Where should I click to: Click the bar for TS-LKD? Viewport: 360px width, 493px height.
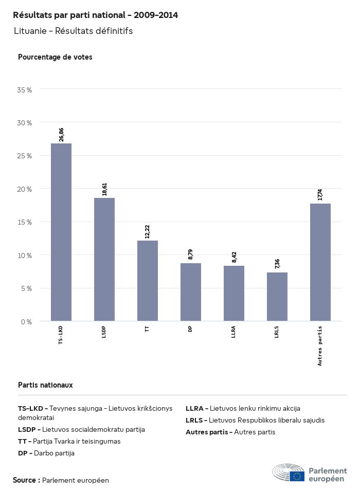(x=61, y=232)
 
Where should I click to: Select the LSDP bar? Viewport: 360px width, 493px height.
(x=104, y=260)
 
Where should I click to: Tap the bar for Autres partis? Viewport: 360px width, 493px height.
(x=320, y=262)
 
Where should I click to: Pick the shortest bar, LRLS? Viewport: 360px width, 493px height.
(x=277, y=297)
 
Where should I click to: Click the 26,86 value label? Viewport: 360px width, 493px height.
(x=62, y=135)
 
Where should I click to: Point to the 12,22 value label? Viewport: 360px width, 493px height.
(x=148, y=232)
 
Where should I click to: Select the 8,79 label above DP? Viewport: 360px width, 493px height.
(x=191, y=254)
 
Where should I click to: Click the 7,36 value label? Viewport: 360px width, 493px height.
(x=277, y=264)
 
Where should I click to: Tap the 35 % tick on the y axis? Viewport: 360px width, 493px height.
(x=25, y=90)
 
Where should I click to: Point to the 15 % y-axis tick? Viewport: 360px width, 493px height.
(x=25, y=222)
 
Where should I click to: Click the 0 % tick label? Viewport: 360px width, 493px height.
(x=26, y=322)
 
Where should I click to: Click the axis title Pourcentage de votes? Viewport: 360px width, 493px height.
(x=55, y=57)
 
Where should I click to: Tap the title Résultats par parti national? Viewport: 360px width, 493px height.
(x=95, y=15)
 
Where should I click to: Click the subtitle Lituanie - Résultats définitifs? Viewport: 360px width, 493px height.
(x=73, y=31)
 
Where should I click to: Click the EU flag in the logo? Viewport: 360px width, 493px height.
(x=297, y=476)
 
